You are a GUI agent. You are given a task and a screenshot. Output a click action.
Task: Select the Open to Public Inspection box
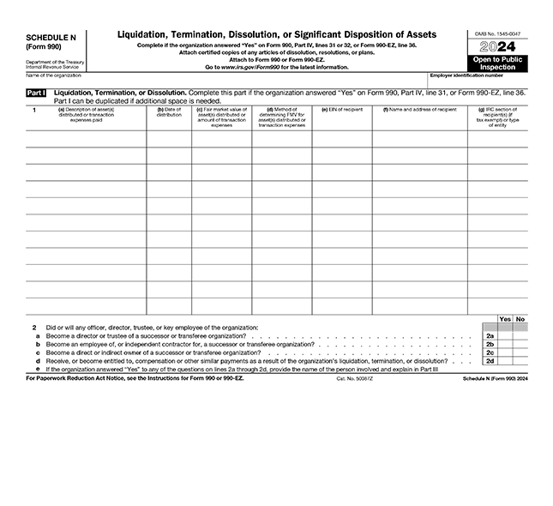click(x=497, y=63)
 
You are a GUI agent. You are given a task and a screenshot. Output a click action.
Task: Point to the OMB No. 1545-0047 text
click(x=497, y=33)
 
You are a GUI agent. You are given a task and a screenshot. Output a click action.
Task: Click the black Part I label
click(x=37, y=92)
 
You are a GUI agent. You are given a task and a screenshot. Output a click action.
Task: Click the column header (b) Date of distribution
click(x=169, y=111)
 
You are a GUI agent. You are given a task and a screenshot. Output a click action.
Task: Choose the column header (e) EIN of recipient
click(x=341, y=110)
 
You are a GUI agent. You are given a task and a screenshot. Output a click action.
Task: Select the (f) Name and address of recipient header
click(x=420, y=110)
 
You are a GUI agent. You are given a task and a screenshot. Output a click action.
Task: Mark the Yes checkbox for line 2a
click(x=505, y=336)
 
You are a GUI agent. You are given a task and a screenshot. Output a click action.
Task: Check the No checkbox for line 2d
click(x=520, y=362)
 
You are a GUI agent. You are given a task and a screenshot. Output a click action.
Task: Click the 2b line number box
click(x=490, y=345)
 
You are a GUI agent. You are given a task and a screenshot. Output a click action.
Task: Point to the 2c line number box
click(x=490, y=353)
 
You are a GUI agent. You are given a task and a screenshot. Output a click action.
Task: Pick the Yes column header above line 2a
click(x=505, y=319)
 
